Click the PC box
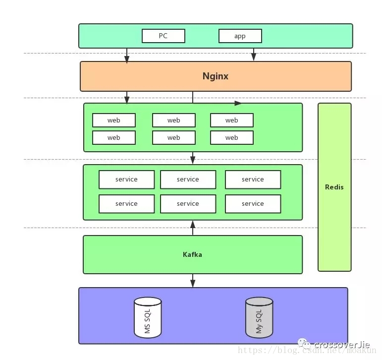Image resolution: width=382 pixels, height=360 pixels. point(164,36)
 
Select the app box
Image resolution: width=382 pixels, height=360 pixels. point(240,36)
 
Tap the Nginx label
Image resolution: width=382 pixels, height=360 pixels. point(216,76)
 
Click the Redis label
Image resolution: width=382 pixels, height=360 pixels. point(334,187)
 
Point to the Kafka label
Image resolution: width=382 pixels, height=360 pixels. point(192,255)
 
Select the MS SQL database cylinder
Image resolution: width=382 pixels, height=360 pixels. point(148,317)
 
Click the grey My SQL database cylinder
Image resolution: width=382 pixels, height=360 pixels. point(259,317)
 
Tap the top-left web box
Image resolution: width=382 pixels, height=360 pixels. point(114,120)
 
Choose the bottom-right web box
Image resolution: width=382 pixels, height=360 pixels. point(232,137)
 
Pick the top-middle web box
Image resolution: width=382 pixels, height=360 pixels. point(174,120)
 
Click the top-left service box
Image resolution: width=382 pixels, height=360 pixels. point(127,180)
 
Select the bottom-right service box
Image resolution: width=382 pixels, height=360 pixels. point(253,204)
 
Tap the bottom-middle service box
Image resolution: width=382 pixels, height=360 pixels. point(188,204)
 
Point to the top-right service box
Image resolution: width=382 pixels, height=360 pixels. point(253,180)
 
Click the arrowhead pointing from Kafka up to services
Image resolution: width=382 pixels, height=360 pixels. point(193,225)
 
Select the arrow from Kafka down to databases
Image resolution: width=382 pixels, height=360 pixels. point(193,281)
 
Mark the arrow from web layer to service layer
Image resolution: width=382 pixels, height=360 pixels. point(193,158)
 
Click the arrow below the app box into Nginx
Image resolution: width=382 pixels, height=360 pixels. point(254,55)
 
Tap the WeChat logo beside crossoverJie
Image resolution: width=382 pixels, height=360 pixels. point(304,344)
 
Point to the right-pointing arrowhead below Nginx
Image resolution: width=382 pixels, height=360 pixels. point(238,103)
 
